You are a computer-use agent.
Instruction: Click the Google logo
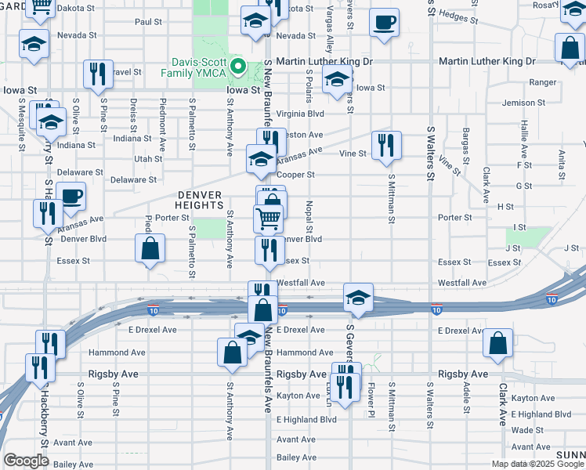click(25, 461)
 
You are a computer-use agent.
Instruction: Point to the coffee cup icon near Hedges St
click(384, 23)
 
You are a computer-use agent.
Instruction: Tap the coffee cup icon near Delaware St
click(71, 197)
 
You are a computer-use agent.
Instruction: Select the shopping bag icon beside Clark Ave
click(497, 344)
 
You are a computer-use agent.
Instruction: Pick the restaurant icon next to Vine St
click(386, 146)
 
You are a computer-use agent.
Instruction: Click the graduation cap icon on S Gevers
click(358, 299)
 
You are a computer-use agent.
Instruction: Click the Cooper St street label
click(298, 175)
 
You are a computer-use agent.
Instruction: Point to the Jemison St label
click(523, 103)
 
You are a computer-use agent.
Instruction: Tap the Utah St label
click(147, 158)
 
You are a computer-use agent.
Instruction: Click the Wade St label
click(522, 430)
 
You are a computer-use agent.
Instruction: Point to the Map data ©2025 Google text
click(537, 464)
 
